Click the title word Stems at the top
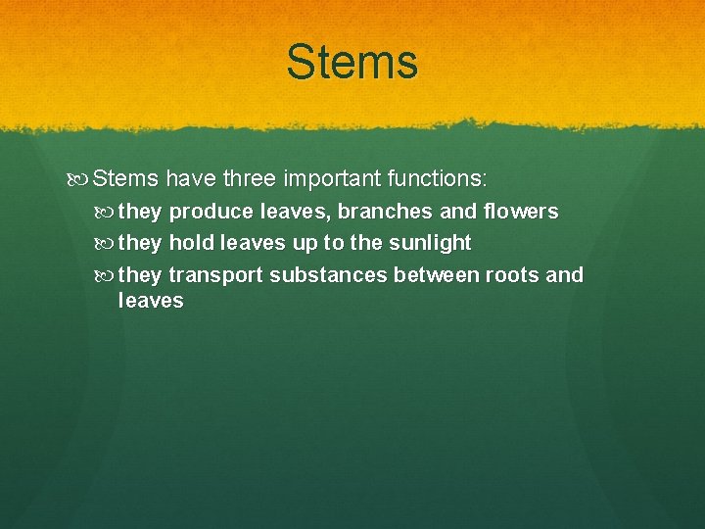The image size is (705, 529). click(352, 62)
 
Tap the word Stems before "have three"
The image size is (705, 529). click(126, 179)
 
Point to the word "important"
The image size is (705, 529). click(332, 179)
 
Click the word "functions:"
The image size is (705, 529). click(438, 179)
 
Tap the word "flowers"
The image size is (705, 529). click(520, 212)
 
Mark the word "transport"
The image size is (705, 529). click(216, 275)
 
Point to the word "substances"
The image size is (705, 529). click(328, 275)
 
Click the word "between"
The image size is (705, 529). click(436, 275)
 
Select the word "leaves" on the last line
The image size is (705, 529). click(150, 301)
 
